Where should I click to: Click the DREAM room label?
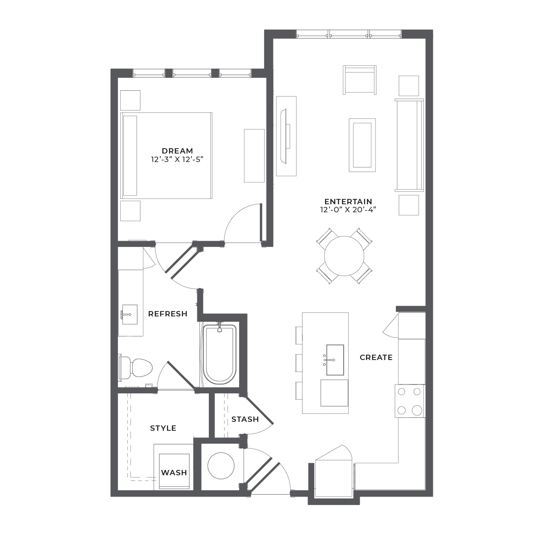[177, 151]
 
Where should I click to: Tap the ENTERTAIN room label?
[348, 202]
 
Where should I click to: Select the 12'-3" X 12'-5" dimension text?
[177, 159]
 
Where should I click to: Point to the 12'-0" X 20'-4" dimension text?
[348, 210]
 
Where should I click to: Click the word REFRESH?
[168, 314]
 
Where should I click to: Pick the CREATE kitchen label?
[376, 357]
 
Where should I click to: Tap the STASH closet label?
[245, 419]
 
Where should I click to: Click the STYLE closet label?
[163, 428]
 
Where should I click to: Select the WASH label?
[174, 473]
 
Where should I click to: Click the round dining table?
[344, 256]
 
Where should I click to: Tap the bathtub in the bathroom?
[220, 354]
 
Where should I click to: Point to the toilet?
[136, 368]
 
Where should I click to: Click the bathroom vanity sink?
[130, 314]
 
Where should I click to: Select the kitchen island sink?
[335, 360]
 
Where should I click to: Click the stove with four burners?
[410, 401]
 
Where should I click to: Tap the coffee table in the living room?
[362, 145]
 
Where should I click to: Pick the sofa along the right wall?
[409, 145]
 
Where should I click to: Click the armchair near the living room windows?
[359, 80]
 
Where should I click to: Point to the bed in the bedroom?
[166, 155]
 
